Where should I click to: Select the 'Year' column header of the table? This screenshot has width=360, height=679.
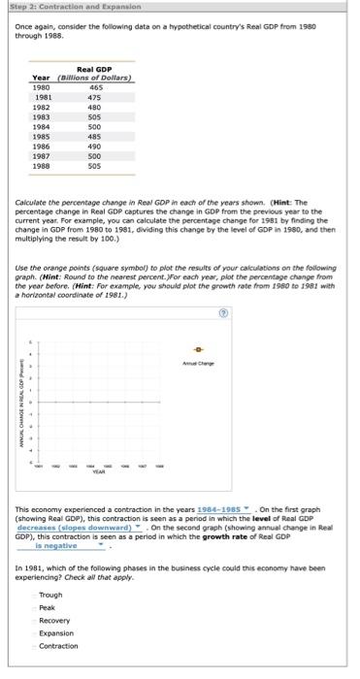coord(41,78)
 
